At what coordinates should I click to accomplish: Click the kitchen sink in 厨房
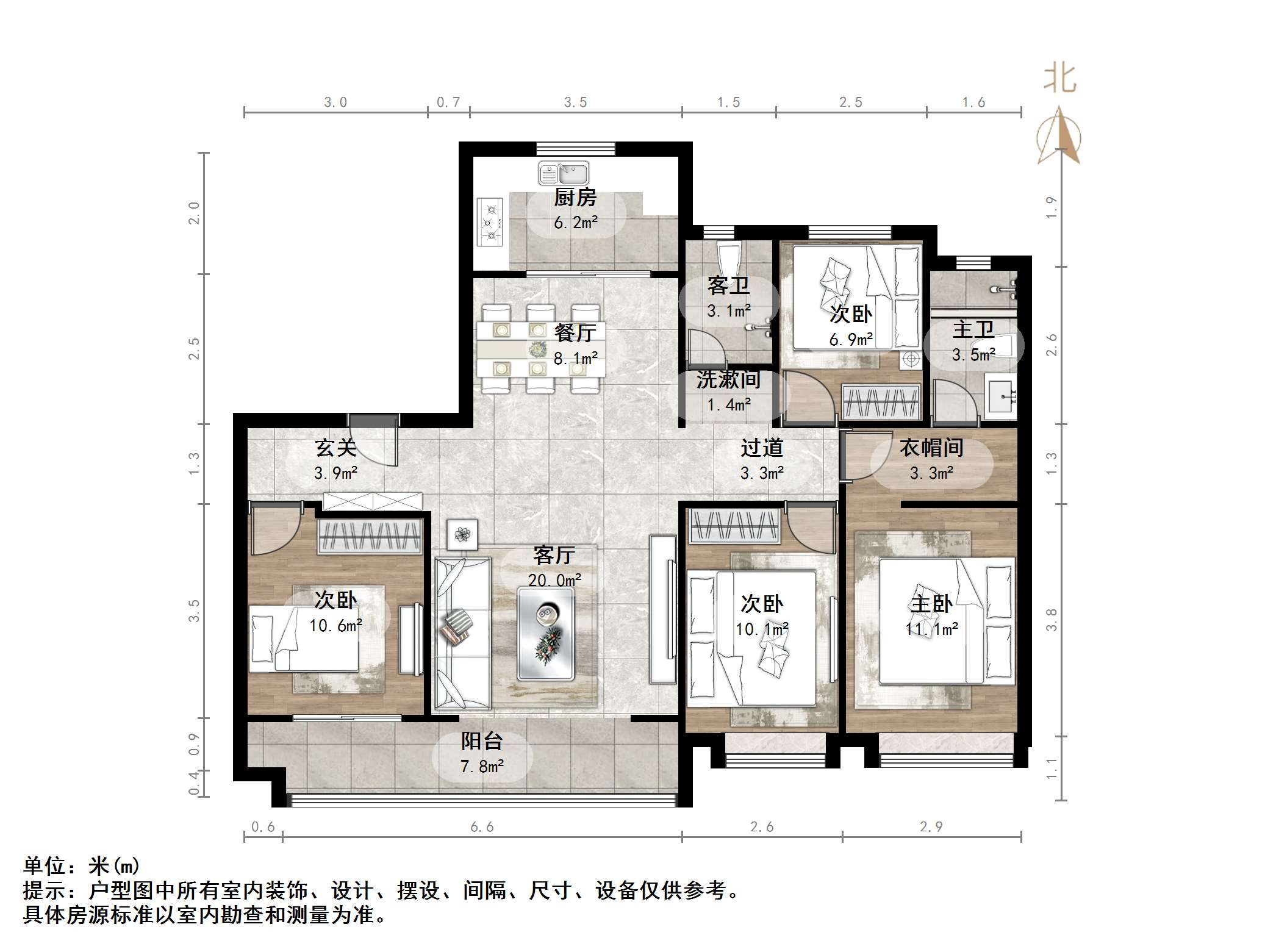click(564, 173)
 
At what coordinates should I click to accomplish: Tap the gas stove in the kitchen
click(490, 223)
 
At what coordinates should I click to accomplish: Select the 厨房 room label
click(575, 198)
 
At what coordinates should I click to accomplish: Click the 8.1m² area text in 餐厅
click(575, 359)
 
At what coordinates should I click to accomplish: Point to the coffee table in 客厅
click(545, 634)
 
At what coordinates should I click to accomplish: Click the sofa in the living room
click(462, 634)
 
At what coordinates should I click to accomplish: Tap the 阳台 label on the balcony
click(481, 741)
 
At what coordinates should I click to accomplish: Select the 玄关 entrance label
click(335, 448)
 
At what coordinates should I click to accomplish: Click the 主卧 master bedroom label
click(931, 604)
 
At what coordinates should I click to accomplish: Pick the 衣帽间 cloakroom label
click(931, 448)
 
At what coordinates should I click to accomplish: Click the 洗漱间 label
click(728, 379)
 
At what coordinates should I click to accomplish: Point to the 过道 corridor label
click(761, 448)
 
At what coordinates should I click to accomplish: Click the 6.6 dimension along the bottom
click(482, 827)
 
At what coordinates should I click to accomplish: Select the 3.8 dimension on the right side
click(1052, 620)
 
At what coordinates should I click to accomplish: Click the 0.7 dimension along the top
click(448, 102)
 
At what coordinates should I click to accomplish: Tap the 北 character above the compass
click(1060, 80)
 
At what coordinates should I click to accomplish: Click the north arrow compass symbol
click(1059, 137)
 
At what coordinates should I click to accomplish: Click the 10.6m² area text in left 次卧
click(335, 626)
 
